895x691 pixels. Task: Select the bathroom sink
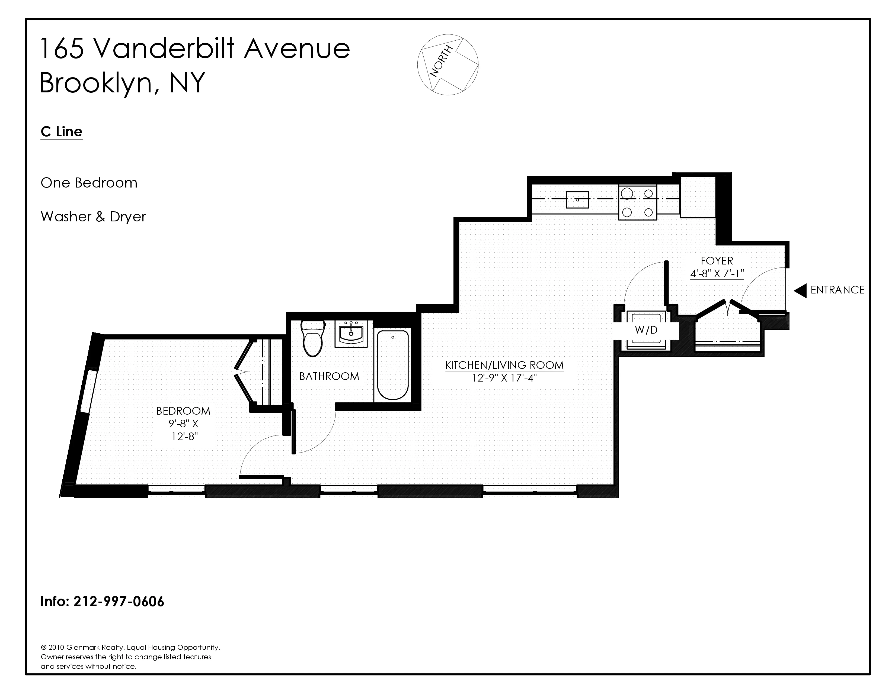tap(351, 333)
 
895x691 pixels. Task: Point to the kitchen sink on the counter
tap(577, 200)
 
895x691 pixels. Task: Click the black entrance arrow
tap(800, 291)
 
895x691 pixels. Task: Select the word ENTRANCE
tap(837, 290)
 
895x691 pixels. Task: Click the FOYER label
tap(717, 261)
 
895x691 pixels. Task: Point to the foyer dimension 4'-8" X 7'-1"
tap(717, 273)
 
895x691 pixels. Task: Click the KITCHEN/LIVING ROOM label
tap(504, 365)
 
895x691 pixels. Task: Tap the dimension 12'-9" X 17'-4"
tap(504, 378)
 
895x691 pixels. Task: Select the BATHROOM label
tap(329, 376)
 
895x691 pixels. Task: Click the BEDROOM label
tap(183, 411)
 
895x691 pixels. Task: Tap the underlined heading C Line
tap(62, 132)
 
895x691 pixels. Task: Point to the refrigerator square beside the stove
tap(698, 197)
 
